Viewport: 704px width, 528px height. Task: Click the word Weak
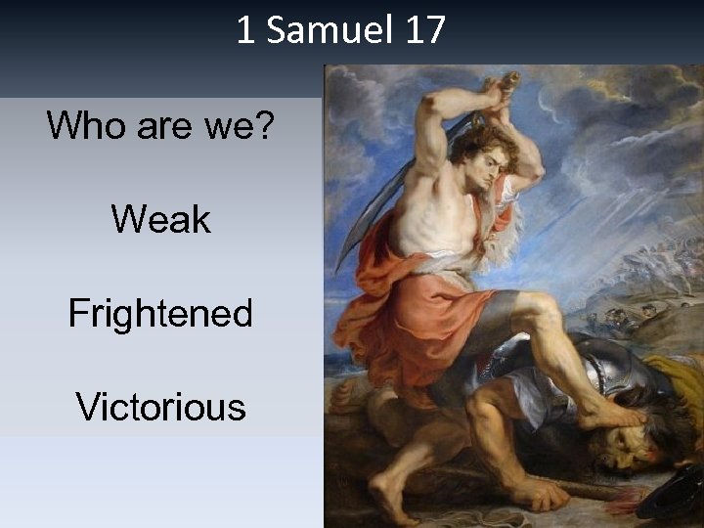160,219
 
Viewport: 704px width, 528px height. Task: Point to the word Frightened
160,314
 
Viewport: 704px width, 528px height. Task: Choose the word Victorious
160,406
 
